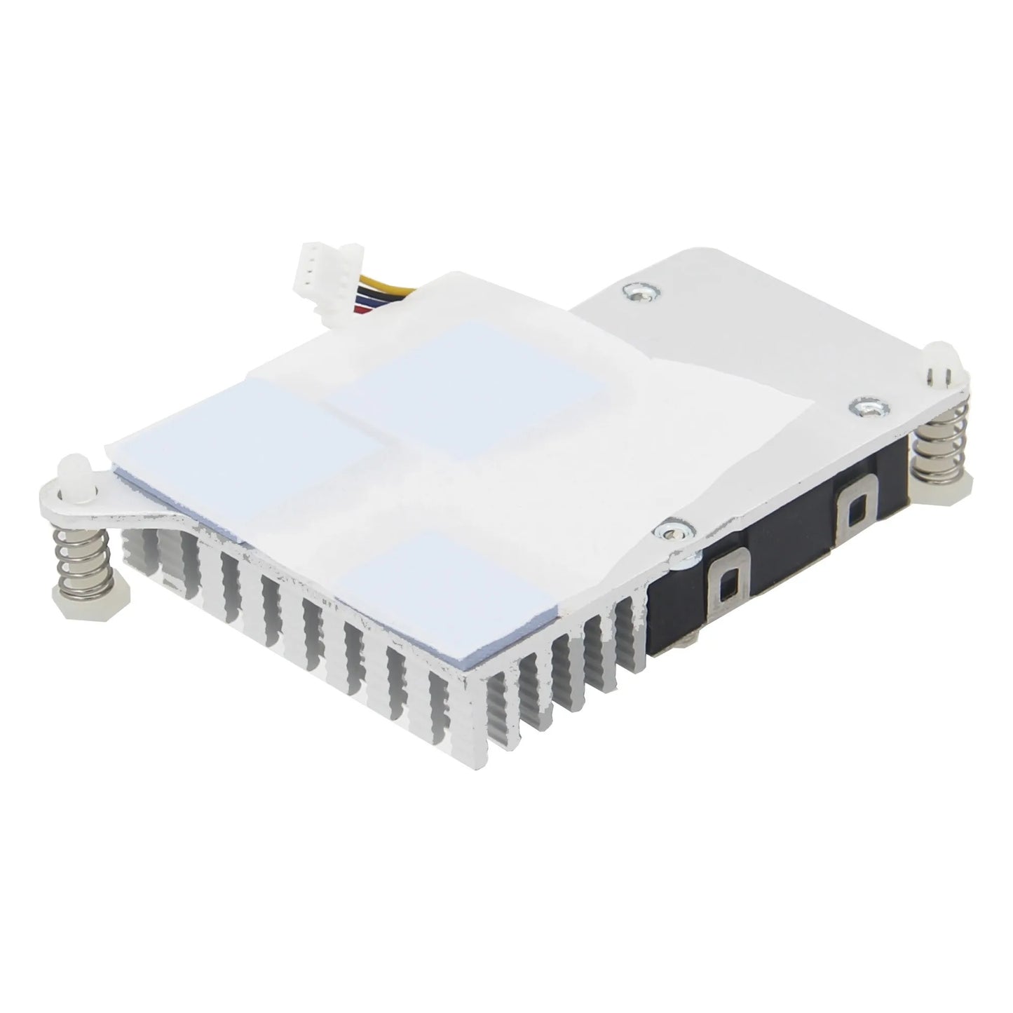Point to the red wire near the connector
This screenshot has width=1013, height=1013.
362,306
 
